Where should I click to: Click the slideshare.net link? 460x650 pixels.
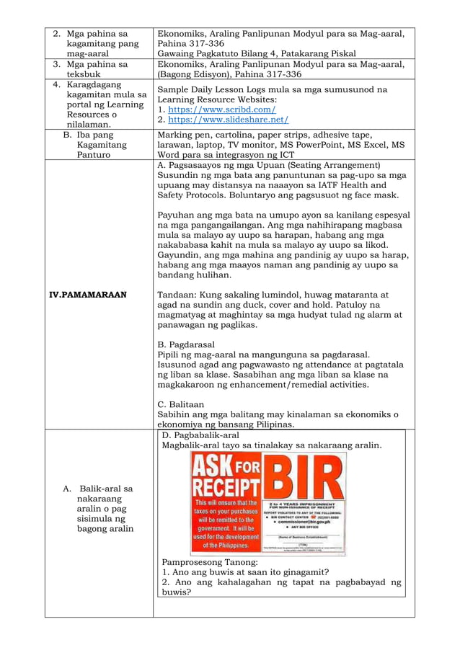pyautogui.click(x=228, y=120)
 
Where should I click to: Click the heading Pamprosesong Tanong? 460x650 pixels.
pyautogui.click(x=209, y=562)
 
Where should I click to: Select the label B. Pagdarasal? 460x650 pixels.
pyautogui.click(x=190, y=344)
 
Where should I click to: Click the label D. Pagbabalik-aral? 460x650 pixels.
pyautogui.click(x=202, y=435)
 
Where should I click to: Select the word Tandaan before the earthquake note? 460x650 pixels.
pyautogui.click(x=177, y=294)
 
